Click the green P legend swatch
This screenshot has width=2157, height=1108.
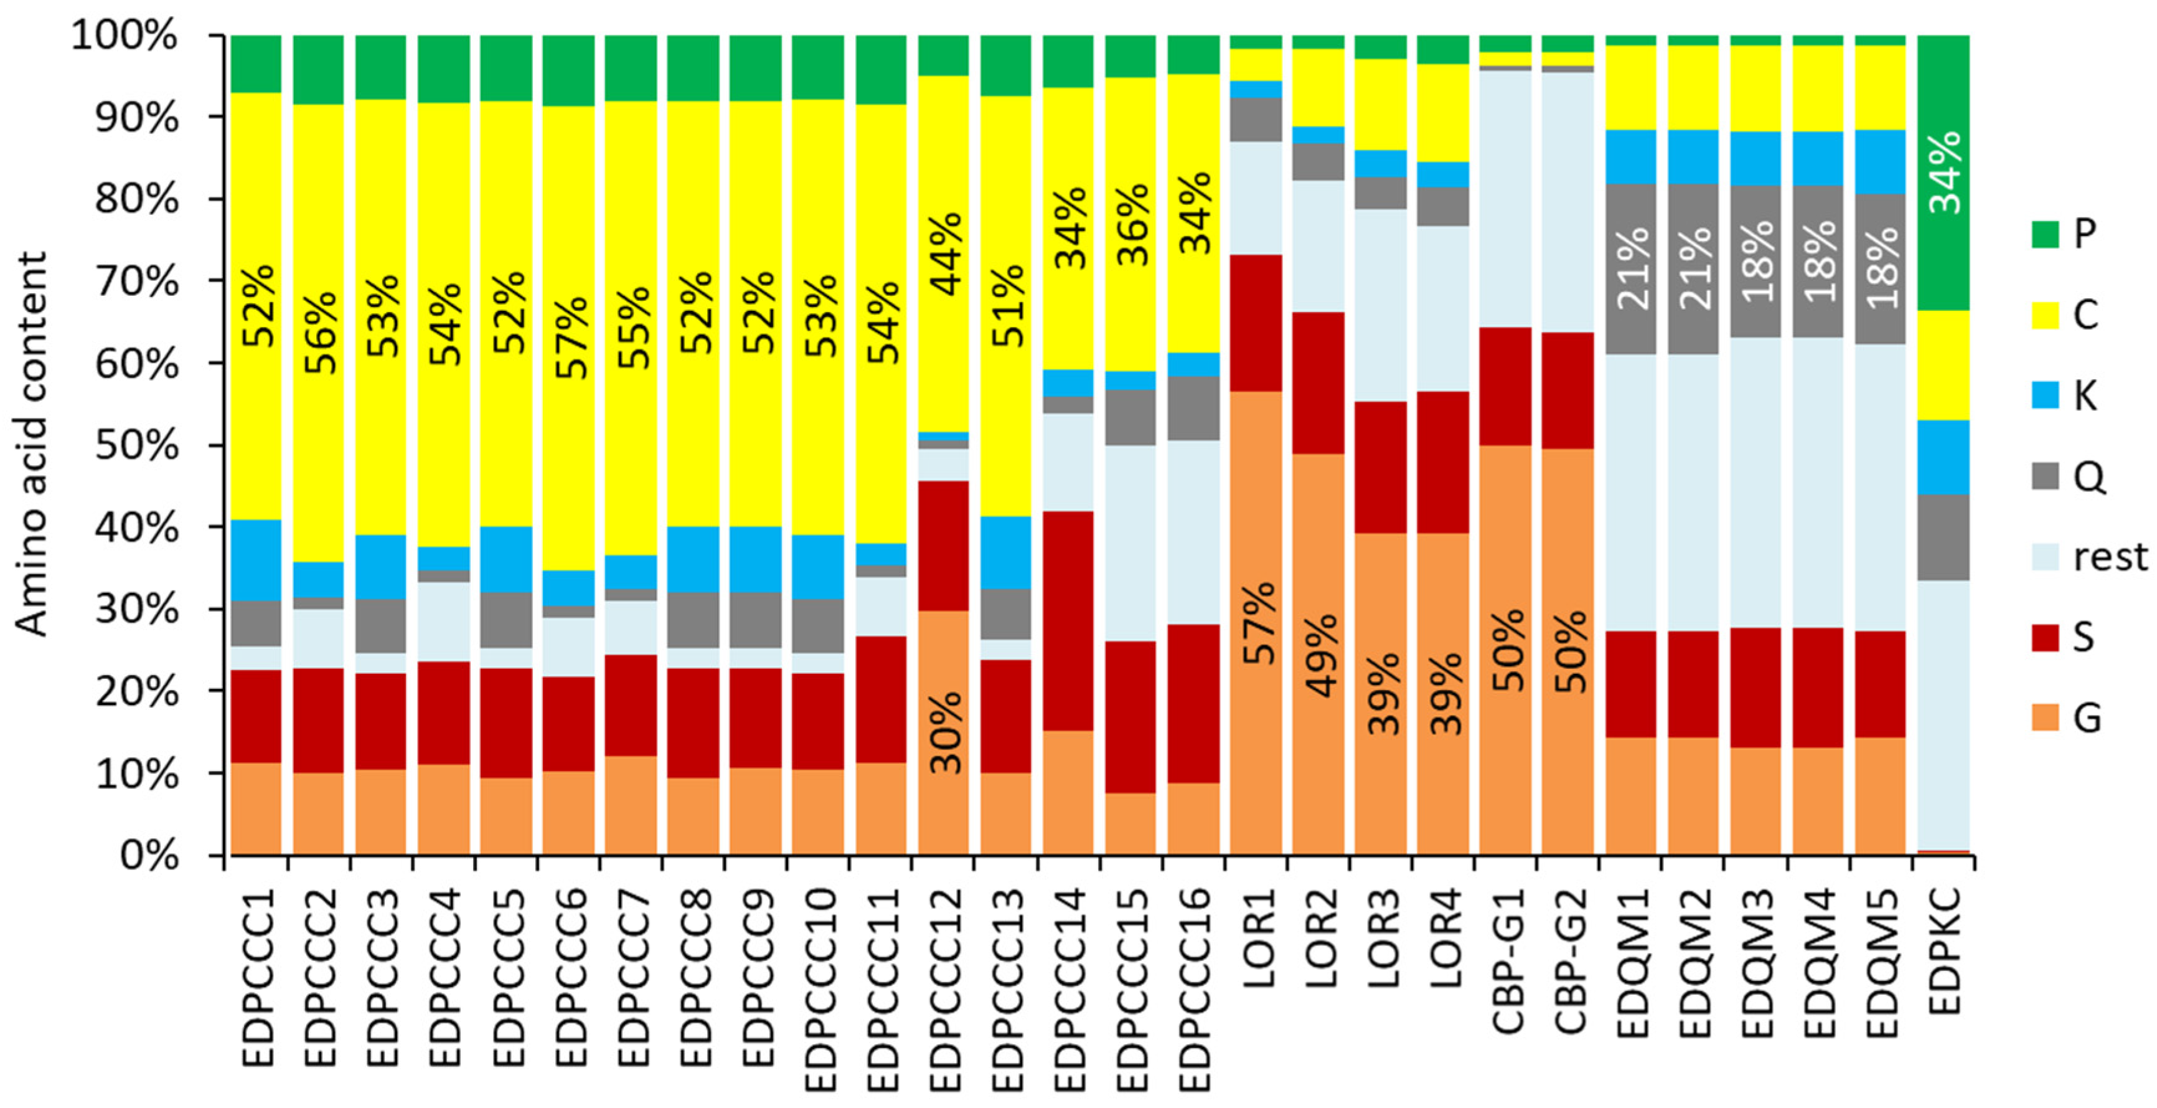2045,234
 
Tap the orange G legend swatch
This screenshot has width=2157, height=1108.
2045,717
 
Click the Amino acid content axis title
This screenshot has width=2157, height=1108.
32,444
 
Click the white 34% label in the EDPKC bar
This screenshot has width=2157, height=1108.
1944,173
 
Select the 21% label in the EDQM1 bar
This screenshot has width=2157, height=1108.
1632,268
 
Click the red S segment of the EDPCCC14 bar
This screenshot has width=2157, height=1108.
1068,620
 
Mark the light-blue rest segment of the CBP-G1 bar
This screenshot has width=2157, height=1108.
1505,199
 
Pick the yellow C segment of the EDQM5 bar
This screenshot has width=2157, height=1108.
1881,87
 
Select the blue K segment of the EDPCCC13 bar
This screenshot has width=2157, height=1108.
1005,552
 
